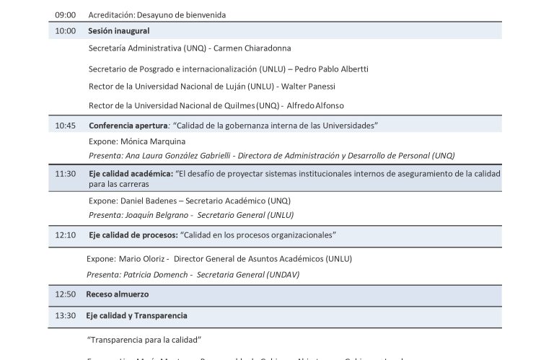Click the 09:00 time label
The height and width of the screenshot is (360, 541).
pyautogui.click(x=65, y=14)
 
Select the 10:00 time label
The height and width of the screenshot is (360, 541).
pyautogui.click(x=65, y=31)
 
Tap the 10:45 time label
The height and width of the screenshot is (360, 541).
pyautogui.click(x=65, y=126)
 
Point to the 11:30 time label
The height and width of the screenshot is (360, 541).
pyautogui.click(x=65, y=174)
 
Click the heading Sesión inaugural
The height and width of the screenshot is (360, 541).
pyautogui.click(x=119, y=31)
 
